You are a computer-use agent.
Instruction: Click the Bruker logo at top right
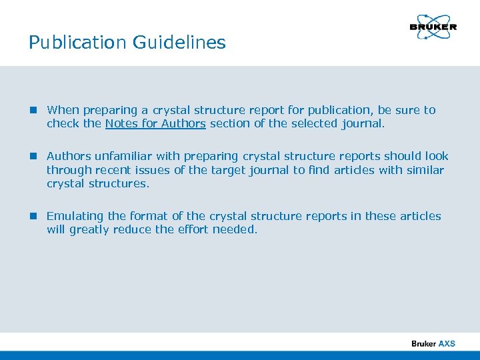pos(433,26)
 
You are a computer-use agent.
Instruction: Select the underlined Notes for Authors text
pos(155,123)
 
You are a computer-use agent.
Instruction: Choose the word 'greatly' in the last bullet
pos(91,229)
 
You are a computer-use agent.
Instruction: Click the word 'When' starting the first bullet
pos(63,110)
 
